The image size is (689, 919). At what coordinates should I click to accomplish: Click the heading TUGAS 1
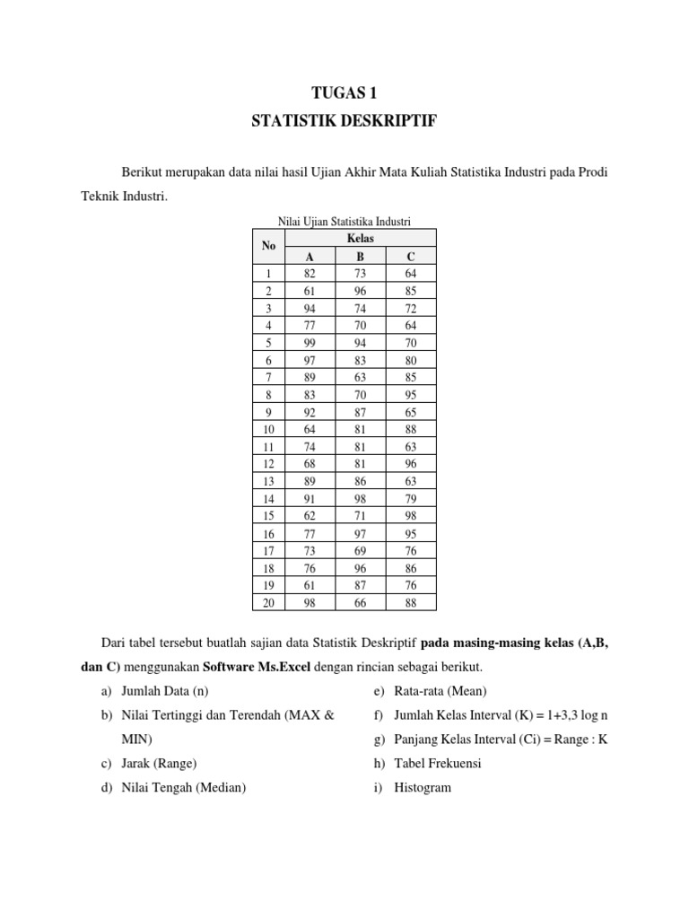pos(344,92)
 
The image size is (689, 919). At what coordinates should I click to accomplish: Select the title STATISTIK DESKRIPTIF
pos(344,121)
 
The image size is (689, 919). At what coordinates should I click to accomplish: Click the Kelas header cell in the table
pos(360,238)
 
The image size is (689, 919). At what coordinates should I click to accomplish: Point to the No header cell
pos(268,246)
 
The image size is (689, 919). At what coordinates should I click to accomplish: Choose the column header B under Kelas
pos(360,256)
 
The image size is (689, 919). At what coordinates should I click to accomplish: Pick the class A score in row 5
pos(310,342)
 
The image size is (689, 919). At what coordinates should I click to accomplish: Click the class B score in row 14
pos(360,499)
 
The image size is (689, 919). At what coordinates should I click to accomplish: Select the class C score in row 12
pos(411,464)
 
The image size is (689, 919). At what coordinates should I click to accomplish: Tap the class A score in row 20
pos(310,603)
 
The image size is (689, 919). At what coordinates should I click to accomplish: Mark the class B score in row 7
pos(360,377)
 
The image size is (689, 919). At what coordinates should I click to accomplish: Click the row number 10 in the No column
pos(268,429)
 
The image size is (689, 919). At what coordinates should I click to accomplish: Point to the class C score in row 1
pos(411,273)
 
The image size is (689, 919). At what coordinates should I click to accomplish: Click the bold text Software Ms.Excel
pos(257,668)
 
